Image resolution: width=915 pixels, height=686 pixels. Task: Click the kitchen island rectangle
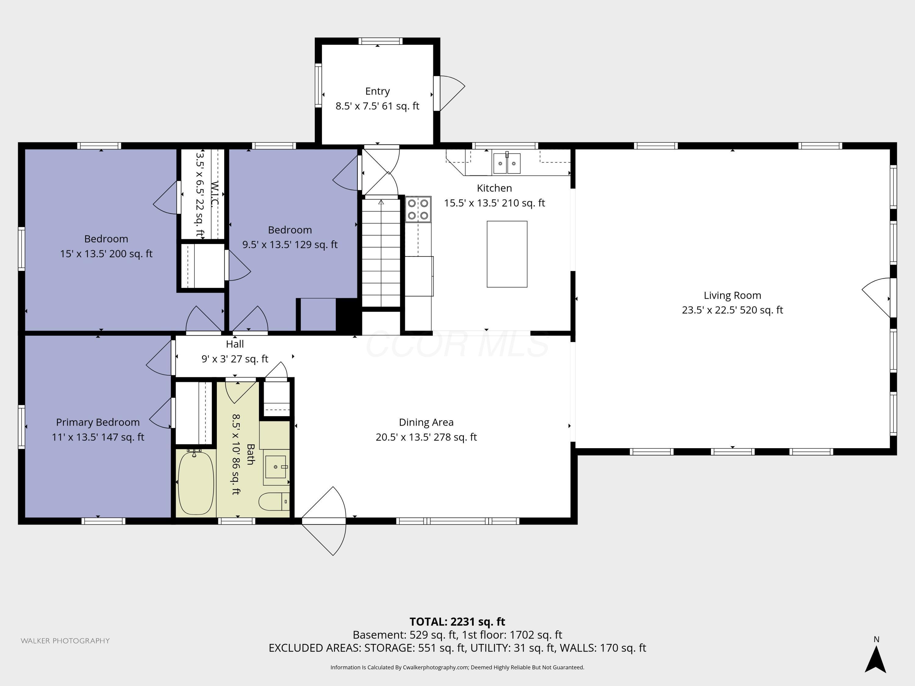tap(507, 254)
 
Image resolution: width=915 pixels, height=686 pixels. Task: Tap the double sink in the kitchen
tap(507, 163)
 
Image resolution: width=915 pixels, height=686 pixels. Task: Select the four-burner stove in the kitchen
tap(418, 209)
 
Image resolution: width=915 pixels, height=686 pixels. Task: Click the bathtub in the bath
tap(196, 483)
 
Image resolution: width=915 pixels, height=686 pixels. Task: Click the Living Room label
tap(732, 295)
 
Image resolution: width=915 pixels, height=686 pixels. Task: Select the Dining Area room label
tap(426, 422)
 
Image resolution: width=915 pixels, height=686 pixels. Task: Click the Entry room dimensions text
tap(377, 106)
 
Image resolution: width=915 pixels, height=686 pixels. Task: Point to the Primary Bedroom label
tap(98, 422)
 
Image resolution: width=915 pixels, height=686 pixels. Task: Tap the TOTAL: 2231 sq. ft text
tap(457, 621)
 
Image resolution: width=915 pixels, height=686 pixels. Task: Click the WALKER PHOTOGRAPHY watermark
tap(65, 641)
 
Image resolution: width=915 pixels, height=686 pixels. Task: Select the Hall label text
tap(235, 344)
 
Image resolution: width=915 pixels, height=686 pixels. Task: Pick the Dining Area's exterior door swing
tap(324, 521)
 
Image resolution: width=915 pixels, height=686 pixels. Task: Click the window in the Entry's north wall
tap(380, 41)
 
